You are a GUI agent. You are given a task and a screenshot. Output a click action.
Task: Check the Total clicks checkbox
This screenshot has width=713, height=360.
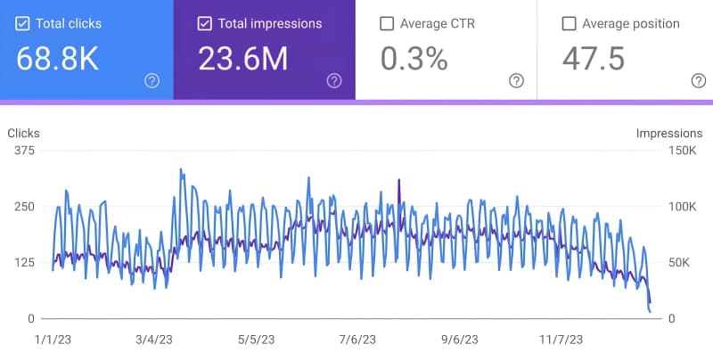click(x=23, y=24)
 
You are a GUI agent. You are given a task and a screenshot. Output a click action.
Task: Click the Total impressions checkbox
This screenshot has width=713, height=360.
click(x=205, y=24)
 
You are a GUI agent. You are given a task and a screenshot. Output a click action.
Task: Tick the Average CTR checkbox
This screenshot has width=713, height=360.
click(x=387, y=24)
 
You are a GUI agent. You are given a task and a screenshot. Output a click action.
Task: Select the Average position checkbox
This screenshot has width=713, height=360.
click(x=569, y=24)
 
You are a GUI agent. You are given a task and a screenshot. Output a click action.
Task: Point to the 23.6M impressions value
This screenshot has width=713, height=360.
click(x=242, y=60)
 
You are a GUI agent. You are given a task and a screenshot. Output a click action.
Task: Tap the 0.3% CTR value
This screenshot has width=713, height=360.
click(x=414, y=60)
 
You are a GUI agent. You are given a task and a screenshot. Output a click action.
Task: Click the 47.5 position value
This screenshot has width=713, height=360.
click(x=593, y=60)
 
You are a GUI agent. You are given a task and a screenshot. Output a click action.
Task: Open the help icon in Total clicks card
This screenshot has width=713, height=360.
click(x=152, y=81)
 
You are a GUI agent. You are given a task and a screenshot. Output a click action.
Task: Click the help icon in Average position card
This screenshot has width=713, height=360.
click(x=698, y=81)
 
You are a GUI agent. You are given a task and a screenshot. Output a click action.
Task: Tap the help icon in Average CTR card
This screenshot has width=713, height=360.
click(x=516, y=81)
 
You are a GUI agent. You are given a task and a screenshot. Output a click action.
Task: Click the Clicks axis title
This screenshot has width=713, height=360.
click(x=23, y=134)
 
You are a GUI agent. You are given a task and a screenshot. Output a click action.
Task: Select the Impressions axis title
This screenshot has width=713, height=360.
click(x=668, y=134)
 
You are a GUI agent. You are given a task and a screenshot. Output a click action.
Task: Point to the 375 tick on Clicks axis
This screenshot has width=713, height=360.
click(x=24, y=151)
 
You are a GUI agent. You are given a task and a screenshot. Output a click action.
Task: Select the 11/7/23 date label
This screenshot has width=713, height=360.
click(x=562, y=340)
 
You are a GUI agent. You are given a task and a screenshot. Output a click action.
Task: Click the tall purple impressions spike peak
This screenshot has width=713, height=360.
click(x=398, y=181)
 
